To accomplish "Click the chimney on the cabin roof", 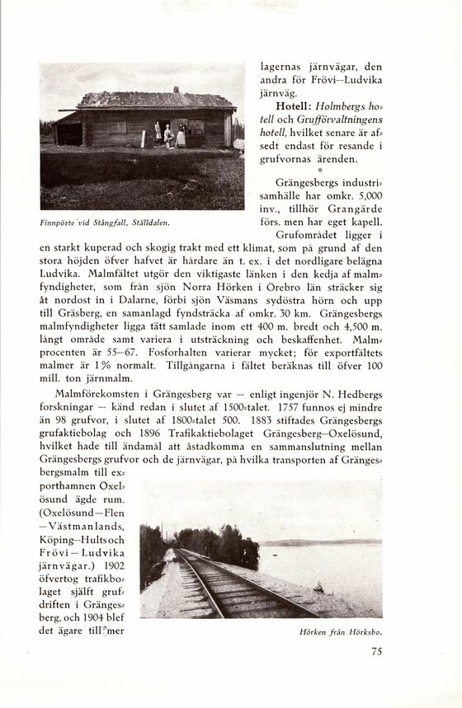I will click(176, 90).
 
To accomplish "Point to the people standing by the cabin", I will click(170, 134).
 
